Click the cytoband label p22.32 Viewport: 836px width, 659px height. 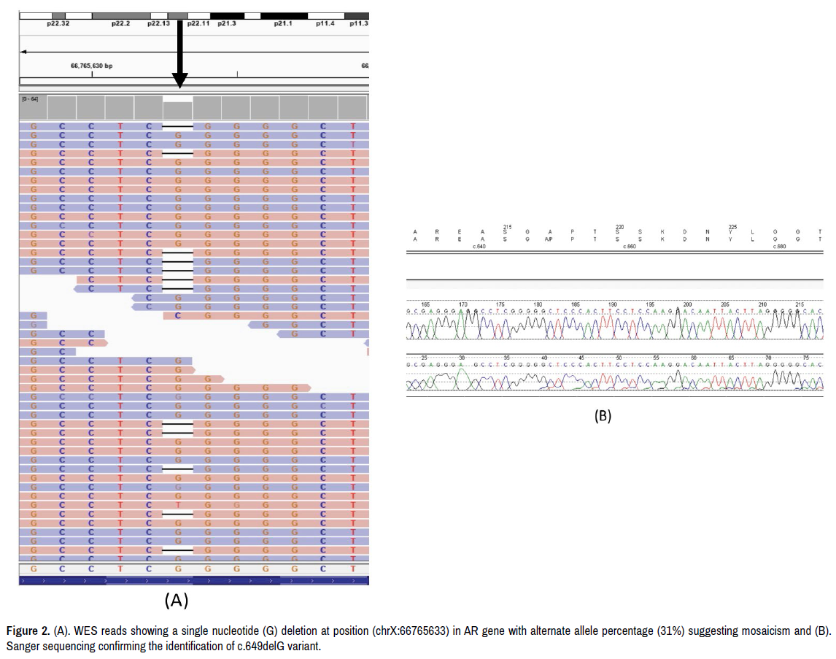click(x=58, y=23)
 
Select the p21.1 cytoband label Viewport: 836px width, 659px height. click(x=283, y=23)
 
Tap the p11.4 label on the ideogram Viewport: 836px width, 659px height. click(x=325, y=23)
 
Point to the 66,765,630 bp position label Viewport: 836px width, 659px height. click(x=91, y=65)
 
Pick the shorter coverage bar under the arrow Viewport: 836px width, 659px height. click(x=178, y=110)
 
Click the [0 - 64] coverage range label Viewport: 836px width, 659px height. click(x=31, y=99)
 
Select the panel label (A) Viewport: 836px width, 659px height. click(x=177, y=600)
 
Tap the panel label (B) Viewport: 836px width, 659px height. click(x=603, y=416)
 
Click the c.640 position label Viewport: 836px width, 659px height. click(x=479, y=247)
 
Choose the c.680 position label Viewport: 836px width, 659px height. click(x=781, y=247)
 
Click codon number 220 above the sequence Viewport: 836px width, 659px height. click(x=619, y=226)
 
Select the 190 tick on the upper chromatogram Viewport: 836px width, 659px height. click(x=613, y=304)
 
